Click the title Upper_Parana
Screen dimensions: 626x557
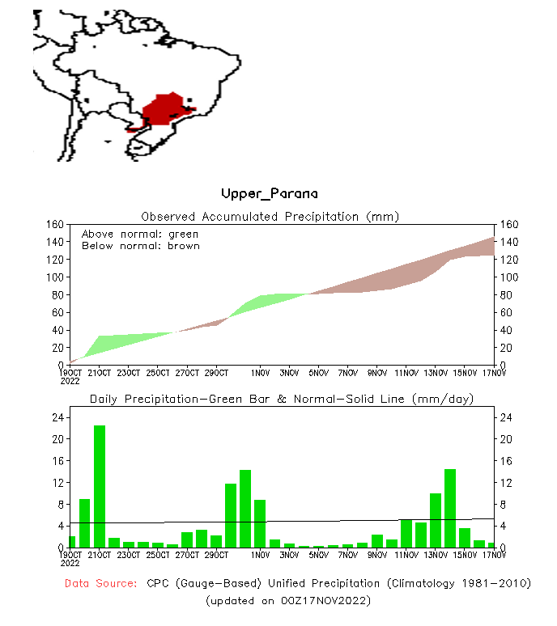pyautogui.click(x=270, y=194)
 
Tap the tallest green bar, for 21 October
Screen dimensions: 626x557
pyautogui.click(x=100, y=485)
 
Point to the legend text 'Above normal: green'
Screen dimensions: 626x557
pyautogui.click(x=140, y=234)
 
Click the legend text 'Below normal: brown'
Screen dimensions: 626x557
pyautogui.click(x=140, y=245)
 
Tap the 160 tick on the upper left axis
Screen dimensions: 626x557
pyautogui.click(x=55, y=224)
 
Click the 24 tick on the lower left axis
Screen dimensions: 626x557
pyautogui.click(x=57, y=418)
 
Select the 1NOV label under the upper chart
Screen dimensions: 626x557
pyautogui.click(x=260, y=373)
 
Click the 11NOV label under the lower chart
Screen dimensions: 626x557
pyautogui.click(x=406, y=555)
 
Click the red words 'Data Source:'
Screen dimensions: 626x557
pyautogui.click(x=100, y=583)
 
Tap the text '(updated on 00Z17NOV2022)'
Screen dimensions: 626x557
pyautogui.click(x=288, y=601)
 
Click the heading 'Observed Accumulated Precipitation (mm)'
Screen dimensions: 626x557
pyautogui.click(x=270, y=217)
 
